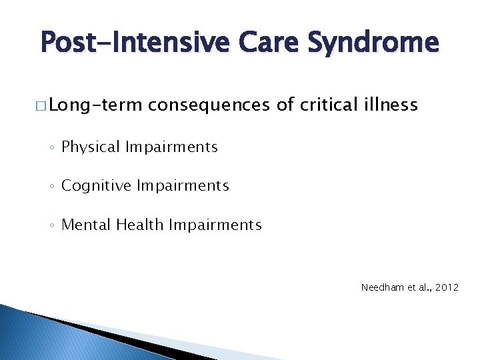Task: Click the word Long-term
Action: tap(95, 105)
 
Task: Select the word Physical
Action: tap(88, 147)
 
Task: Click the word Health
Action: tap(140, 225)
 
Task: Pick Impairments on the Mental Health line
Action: tap(215, 225)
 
